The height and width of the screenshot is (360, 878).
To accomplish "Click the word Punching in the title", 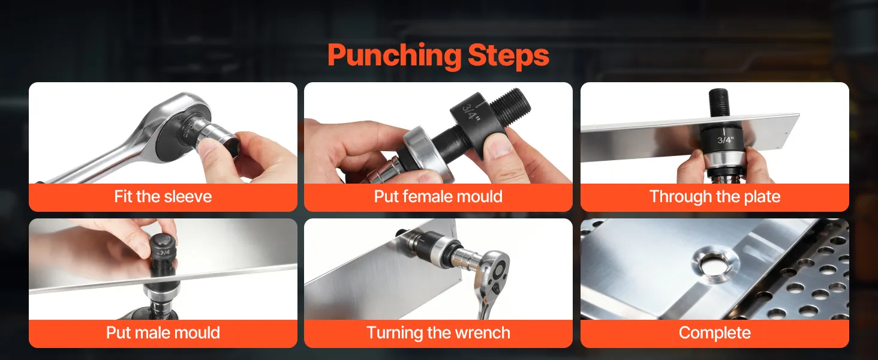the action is (394, 56).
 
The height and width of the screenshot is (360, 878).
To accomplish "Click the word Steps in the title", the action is (509, 55).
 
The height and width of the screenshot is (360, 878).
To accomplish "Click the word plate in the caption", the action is (762, 196).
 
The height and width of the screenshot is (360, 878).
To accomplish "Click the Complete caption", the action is (714, 333).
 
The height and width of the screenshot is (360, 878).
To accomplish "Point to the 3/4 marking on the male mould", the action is (164, 253).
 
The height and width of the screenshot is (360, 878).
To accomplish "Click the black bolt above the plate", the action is (718, 103).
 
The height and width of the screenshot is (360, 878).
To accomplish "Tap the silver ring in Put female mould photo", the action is (426, 153).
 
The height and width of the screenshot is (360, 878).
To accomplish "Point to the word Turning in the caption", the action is (395, 333).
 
